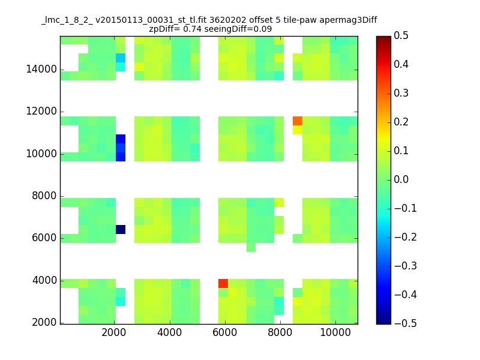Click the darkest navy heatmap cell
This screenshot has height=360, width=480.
coord(121,229)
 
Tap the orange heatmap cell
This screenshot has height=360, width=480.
coord(298,121)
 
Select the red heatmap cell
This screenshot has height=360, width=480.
coord(223,283)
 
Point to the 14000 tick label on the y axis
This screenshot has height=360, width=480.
coord(41,70)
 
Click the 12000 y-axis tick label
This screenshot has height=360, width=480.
coord(41,112)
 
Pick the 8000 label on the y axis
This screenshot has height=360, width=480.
coord(44,196)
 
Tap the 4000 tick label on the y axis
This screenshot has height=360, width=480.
coord(44,280)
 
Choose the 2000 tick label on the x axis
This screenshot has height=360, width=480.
coord(114,332)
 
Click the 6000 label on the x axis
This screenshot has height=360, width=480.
coord(224,332)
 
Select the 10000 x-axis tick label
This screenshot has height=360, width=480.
coord(335,332)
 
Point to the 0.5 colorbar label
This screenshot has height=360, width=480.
coord(401,36)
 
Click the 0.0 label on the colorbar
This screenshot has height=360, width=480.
coord(401,179)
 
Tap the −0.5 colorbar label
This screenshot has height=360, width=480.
coord(406,323)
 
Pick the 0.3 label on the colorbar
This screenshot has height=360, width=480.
coord(401,93)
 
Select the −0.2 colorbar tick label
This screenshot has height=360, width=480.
coord(406,237)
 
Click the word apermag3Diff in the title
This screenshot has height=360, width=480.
coord(349,20)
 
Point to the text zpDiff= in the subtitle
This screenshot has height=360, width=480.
coord(164,29)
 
